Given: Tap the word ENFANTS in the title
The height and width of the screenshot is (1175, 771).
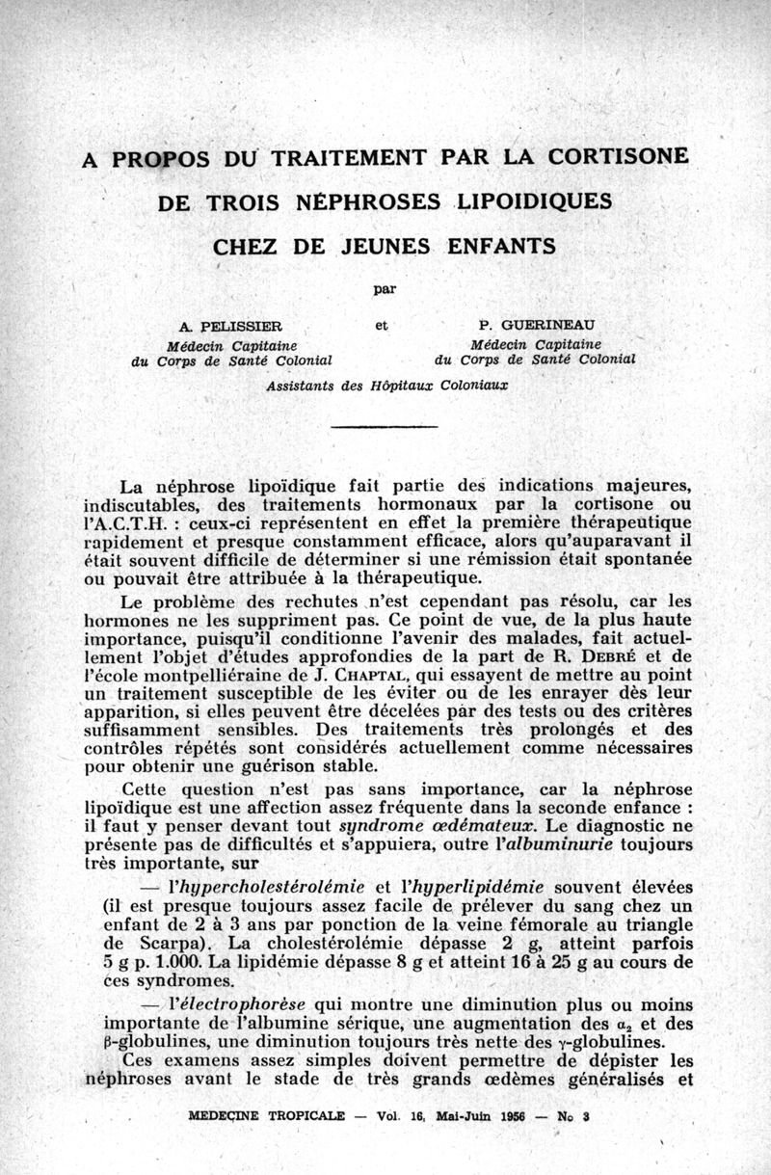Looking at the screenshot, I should pos(501,246).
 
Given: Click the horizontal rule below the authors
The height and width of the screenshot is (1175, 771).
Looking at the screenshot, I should pos(385,425).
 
